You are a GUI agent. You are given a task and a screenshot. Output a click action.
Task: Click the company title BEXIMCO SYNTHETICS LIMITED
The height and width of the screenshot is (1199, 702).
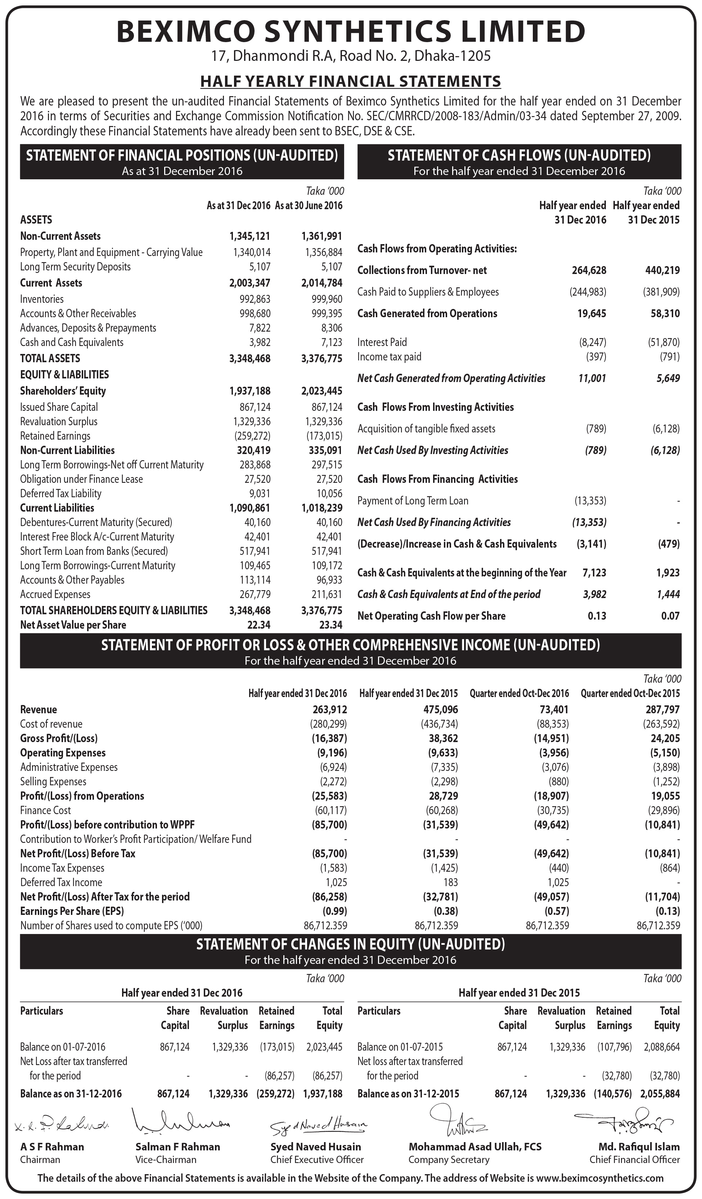coord(351,31)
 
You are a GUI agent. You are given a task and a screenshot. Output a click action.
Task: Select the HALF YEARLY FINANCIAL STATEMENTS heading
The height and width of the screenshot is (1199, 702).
coord(351,81)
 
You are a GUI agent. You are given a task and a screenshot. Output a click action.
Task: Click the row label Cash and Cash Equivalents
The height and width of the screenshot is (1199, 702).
coord(72,342)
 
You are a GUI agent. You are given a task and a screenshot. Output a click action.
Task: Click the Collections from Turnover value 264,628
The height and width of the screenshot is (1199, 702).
coord(589,270)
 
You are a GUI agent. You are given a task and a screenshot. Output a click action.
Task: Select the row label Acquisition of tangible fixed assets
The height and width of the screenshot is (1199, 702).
coord(426,429)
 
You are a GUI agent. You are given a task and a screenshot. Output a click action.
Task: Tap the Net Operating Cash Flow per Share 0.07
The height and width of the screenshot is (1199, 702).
coord(670,616)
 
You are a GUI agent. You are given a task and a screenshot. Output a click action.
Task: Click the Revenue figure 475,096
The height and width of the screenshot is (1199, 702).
coord(440,709)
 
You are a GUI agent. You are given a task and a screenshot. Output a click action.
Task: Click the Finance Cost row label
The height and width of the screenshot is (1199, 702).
coord(45,810)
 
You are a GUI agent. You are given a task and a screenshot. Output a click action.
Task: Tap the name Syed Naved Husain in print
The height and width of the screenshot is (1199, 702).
coord(316,1147)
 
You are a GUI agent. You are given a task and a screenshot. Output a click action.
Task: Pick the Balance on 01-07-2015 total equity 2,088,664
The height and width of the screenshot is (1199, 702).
coord(662,1047)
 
